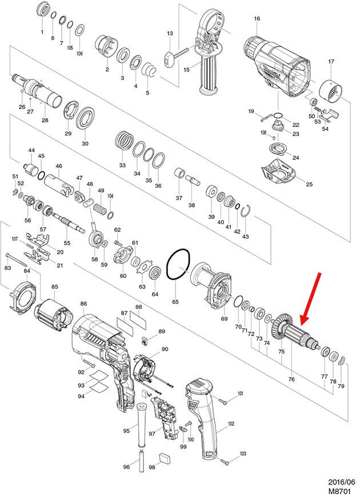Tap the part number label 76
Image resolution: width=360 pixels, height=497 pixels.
tap(291, 379)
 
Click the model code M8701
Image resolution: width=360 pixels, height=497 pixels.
tap(339, 490)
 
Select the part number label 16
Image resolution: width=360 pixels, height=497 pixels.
tap(257, 19)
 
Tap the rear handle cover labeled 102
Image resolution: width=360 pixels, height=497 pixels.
tap(203, 418)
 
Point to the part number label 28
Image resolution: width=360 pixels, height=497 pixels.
tap(45, 121)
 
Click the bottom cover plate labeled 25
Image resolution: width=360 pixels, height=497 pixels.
tap(279, 171)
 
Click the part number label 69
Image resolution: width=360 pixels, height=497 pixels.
tap(224, 319)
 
